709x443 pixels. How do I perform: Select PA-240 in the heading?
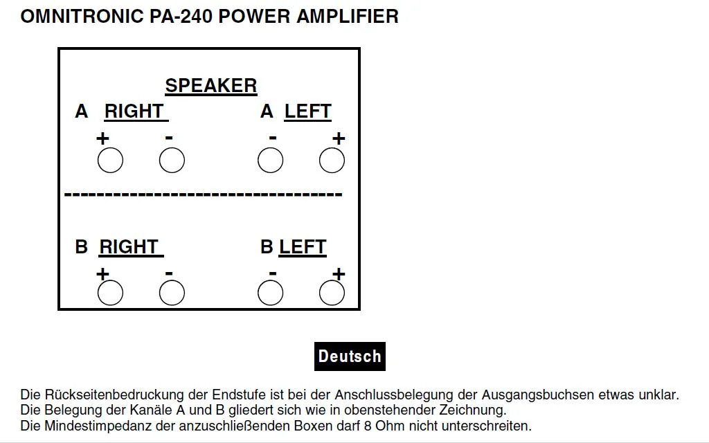click(x=181, y=17)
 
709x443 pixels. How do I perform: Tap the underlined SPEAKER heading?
click(x=210, y=86)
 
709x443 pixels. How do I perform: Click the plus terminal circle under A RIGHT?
click(x=110, y=161)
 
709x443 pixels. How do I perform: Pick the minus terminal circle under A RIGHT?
click(x=172, y=161)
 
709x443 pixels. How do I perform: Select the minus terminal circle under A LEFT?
click(x=270, y=161)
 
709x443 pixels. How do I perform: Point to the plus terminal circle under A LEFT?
click(x=332, y=161)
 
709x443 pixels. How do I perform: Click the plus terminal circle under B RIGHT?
click(x=110, y=293)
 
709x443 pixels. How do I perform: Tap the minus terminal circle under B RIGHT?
click(x=172, y=293)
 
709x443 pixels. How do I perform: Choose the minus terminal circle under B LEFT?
click(x=270, y=293)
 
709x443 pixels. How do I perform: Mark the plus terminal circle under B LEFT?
click(x=332, y=293)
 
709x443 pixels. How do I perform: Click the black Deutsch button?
click(x=350, y=356)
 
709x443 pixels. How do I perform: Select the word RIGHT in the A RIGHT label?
click(x=134, y=111)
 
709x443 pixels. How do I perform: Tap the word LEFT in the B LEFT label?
click(x=303, y=247)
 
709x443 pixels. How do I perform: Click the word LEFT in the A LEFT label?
click(x=308, y=111)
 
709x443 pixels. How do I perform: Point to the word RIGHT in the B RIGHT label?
click(x=129, y=247)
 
